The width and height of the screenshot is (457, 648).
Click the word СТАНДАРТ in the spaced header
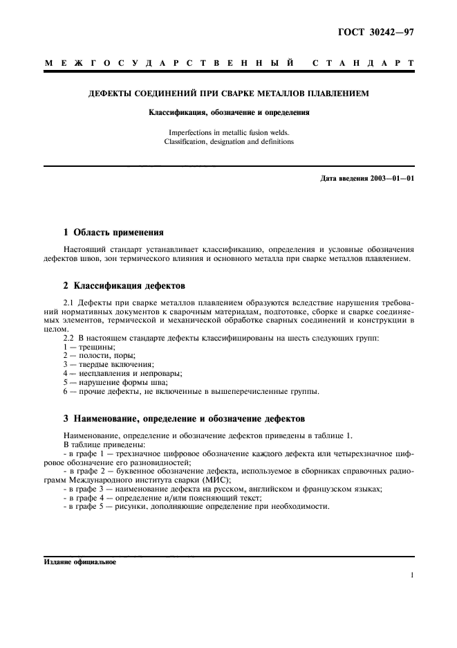click(x=363, y=64)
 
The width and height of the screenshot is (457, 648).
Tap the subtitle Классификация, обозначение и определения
click(x=229, y=111)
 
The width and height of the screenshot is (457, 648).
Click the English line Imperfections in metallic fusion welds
click(x=229, y=132)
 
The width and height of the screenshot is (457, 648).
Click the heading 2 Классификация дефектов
click(x=120, y=285)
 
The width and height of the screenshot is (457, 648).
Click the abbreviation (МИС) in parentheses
click(x=218, y=480)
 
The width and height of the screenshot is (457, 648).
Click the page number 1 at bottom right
click(x=411, y=576)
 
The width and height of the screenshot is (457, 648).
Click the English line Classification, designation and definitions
click(x=229, y=142)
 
